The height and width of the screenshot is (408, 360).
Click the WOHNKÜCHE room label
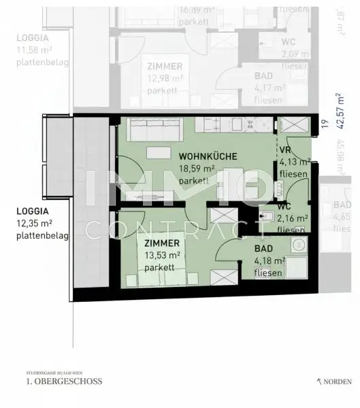point(208,156)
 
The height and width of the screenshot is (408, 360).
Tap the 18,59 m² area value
point(197,169)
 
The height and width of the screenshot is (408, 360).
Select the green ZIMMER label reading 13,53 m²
point(161,243)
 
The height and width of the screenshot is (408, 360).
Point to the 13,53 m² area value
point(161,255)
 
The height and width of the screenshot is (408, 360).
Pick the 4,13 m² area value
point(295,163)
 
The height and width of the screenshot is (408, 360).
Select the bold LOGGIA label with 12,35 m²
point(33,211)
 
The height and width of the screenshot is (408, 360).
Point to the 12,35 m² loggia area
point(35,223)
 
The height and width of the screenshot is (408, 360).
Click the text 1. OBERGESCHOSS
point(64,382)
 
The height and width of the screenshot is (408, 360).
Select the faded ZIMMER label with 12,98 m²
point(164,66)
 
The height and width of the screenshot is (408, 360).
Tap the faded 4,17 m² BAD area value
point(269,87)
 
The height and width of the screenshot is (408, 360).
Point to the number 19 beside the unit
point(325,123)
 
